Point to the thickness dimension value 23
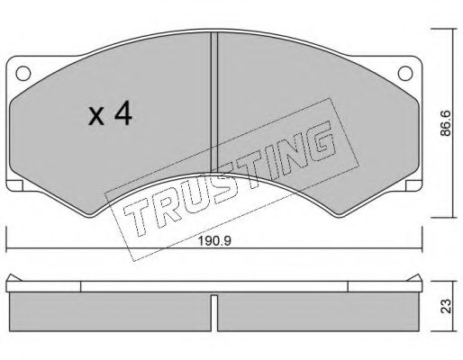click(443, 304)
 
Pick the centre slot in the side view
click(216, 310)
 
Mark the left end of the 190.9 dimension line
click(7, 250)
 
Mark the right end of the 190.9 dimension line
click(425, 250)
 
